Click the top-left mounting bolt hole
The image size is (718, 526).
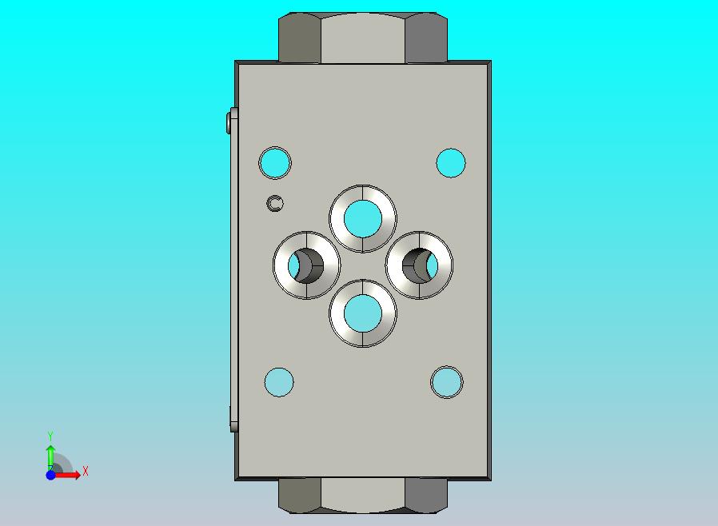coord(275,163)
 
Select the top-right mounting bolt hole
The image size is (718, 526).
coord(451,163)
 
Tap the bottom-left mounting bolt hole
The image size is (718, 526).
coord(279,382)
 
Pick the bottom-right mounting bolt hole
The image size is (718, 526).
coord(446,382)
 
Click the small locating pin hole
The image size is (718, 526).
coord(275,204)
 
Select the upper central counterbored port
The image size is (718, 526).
coord(363,218)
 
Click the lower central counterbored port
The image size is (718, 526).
coord(363,313)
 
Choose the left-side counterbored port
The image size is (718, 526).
coord(306,265)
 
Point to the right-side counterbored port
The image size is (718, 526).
coord(419,265)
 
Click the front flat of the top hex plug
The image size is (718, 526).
coord(363,38)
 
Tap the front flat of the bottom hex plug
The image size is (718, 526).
coord(363,496)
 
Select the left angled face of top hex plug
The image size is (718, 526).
coord(300,38)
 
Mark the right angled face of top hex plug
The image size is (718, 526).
coord(425,38)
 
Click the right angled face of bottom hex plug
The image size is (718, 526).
coord(425,496)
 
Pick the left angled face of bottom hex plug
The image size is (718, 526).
coord(300,496)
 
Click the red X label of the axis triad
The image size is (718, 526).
coord(86,472)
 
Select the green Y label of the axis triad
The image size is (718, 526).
coord(50,436)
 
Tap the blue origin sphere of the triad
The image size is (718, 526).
coord(50,475)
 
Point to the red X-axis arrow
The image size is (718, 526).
coord(70,475)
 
